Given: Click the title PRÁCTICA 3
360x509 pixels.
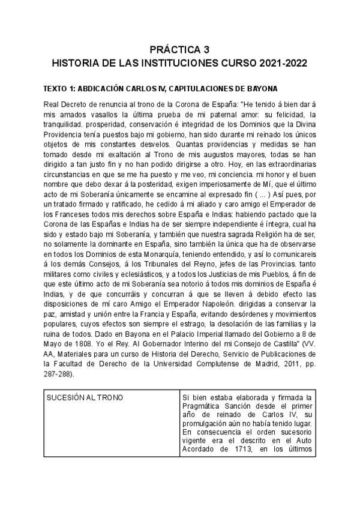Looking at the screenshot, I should tap(179, 49).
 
